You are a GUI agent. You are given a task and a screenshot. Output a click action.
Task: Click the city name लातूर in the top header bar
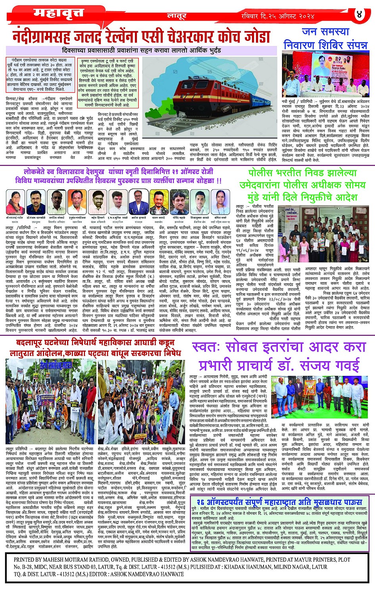click(x=176, y=16)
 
